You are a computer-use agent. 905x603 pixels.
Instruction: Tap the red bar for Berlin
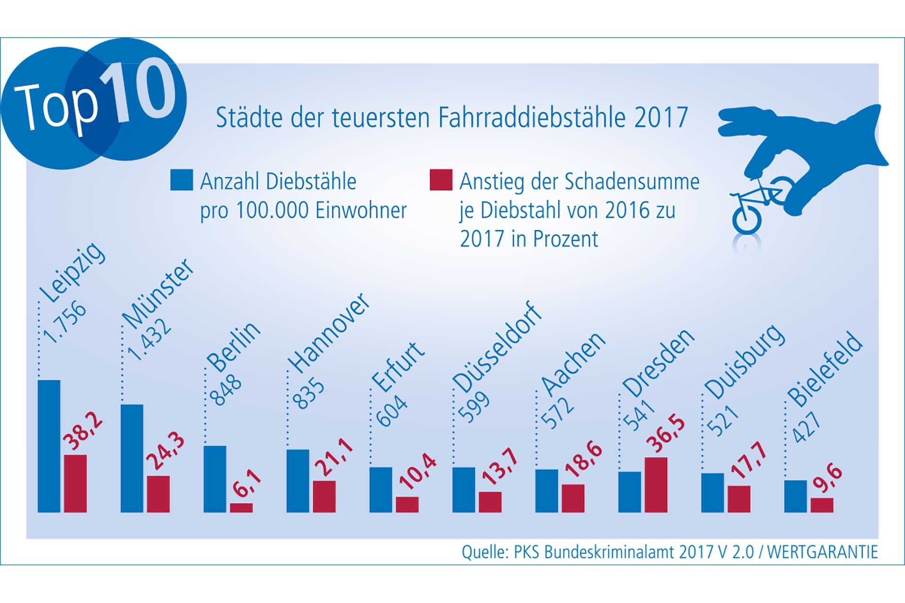[241, 507]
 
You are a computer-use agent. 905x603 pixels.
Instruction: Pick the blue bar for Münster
[132, 458]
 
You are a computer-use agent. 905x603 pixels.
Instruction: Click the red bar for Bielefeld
[822, 505]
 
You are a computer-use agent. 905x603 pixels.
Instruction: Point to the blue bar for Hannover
[298, 481]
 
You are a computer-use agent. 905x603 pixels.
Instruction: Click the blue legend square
[181, 180]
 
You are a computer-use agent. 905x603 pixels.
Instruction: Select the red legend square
[441, 180]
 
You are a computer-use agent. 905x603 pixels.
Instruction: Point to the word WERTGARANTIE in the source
[822, 552]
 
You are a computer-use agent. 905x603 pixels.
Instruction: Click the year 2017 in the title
[661, 117]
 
